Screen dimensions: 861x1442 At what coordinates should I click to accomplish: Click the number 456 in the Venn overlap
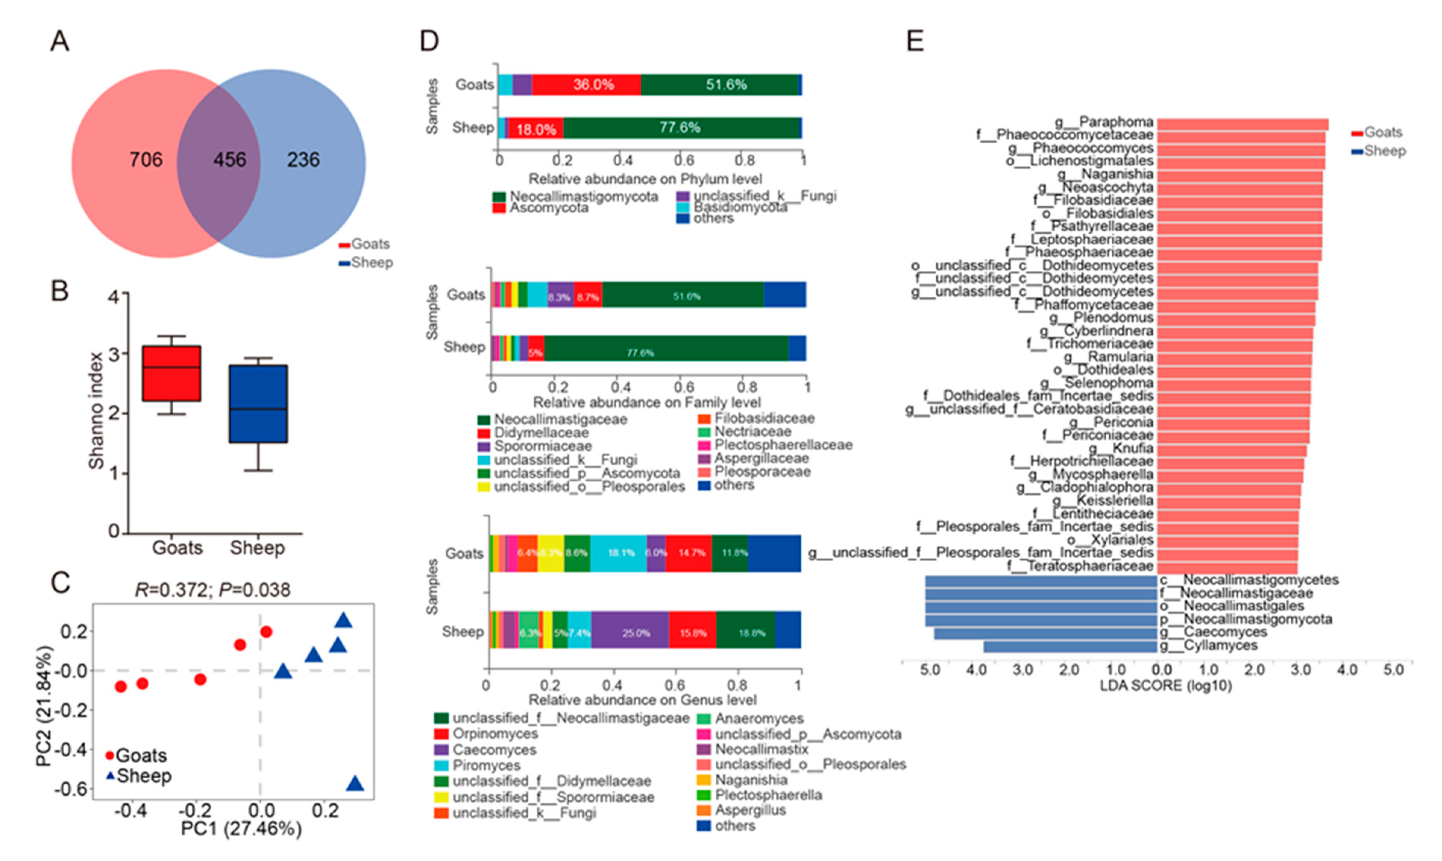tap(230, 160)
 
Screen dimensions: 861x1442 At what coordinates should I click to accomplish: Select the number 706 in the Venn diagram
tap(146, 160)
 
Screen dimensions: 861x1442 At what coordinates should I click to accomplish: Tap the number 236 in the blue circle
tap(303, 160)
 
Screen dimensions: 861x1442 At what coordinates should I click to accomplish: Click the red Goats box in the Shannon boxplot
tap(172, 374)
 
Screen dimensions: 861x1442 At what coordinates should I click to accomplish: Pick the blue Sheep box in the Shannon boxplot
tap(258, 404)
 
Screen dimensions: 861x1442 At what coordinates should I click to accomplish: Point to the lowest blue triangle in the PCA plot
tap(355, 784)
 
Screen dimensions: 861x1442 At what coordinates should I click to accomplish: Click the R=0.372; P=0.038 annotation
tap(212, 590)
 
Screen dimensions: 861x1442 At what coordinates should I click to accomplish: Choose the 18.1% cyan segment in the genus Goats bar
tap(620, 553)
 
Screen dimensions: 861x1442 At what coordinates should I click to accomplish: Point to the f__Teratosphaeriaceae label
tap(1080, 566)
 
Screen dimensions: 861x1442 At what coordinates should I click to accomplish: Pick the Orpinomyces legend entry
tap(495, 734)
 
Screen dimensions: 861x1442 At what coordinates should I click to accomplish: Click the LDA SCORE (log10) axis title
tap(1166, 686)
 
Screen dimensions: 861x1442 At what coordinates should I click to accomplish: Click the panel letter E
tap(915, 41)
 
